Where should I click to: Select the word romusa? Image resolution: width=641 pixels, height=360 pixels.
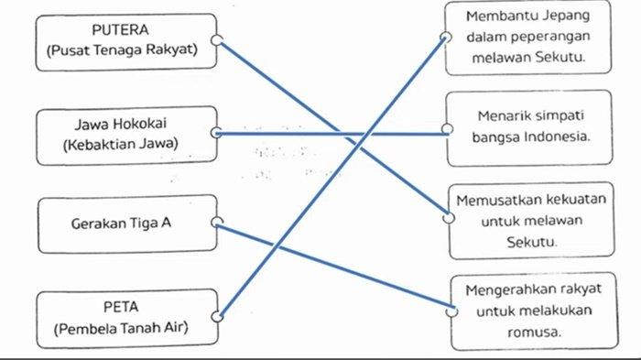point(532,333)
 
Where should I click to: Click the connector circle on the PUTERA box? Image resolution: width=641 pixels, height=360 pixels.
point(216,40)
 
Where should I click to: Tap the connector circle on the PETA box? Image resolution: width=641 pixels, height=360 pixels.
point(217,317)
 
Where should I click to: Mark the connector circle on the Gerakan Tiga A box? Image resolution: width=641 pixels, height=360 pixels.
point(216,222)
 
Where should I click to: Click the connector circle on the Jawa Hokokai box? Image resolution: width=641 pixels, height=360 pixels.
point(216,133)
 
